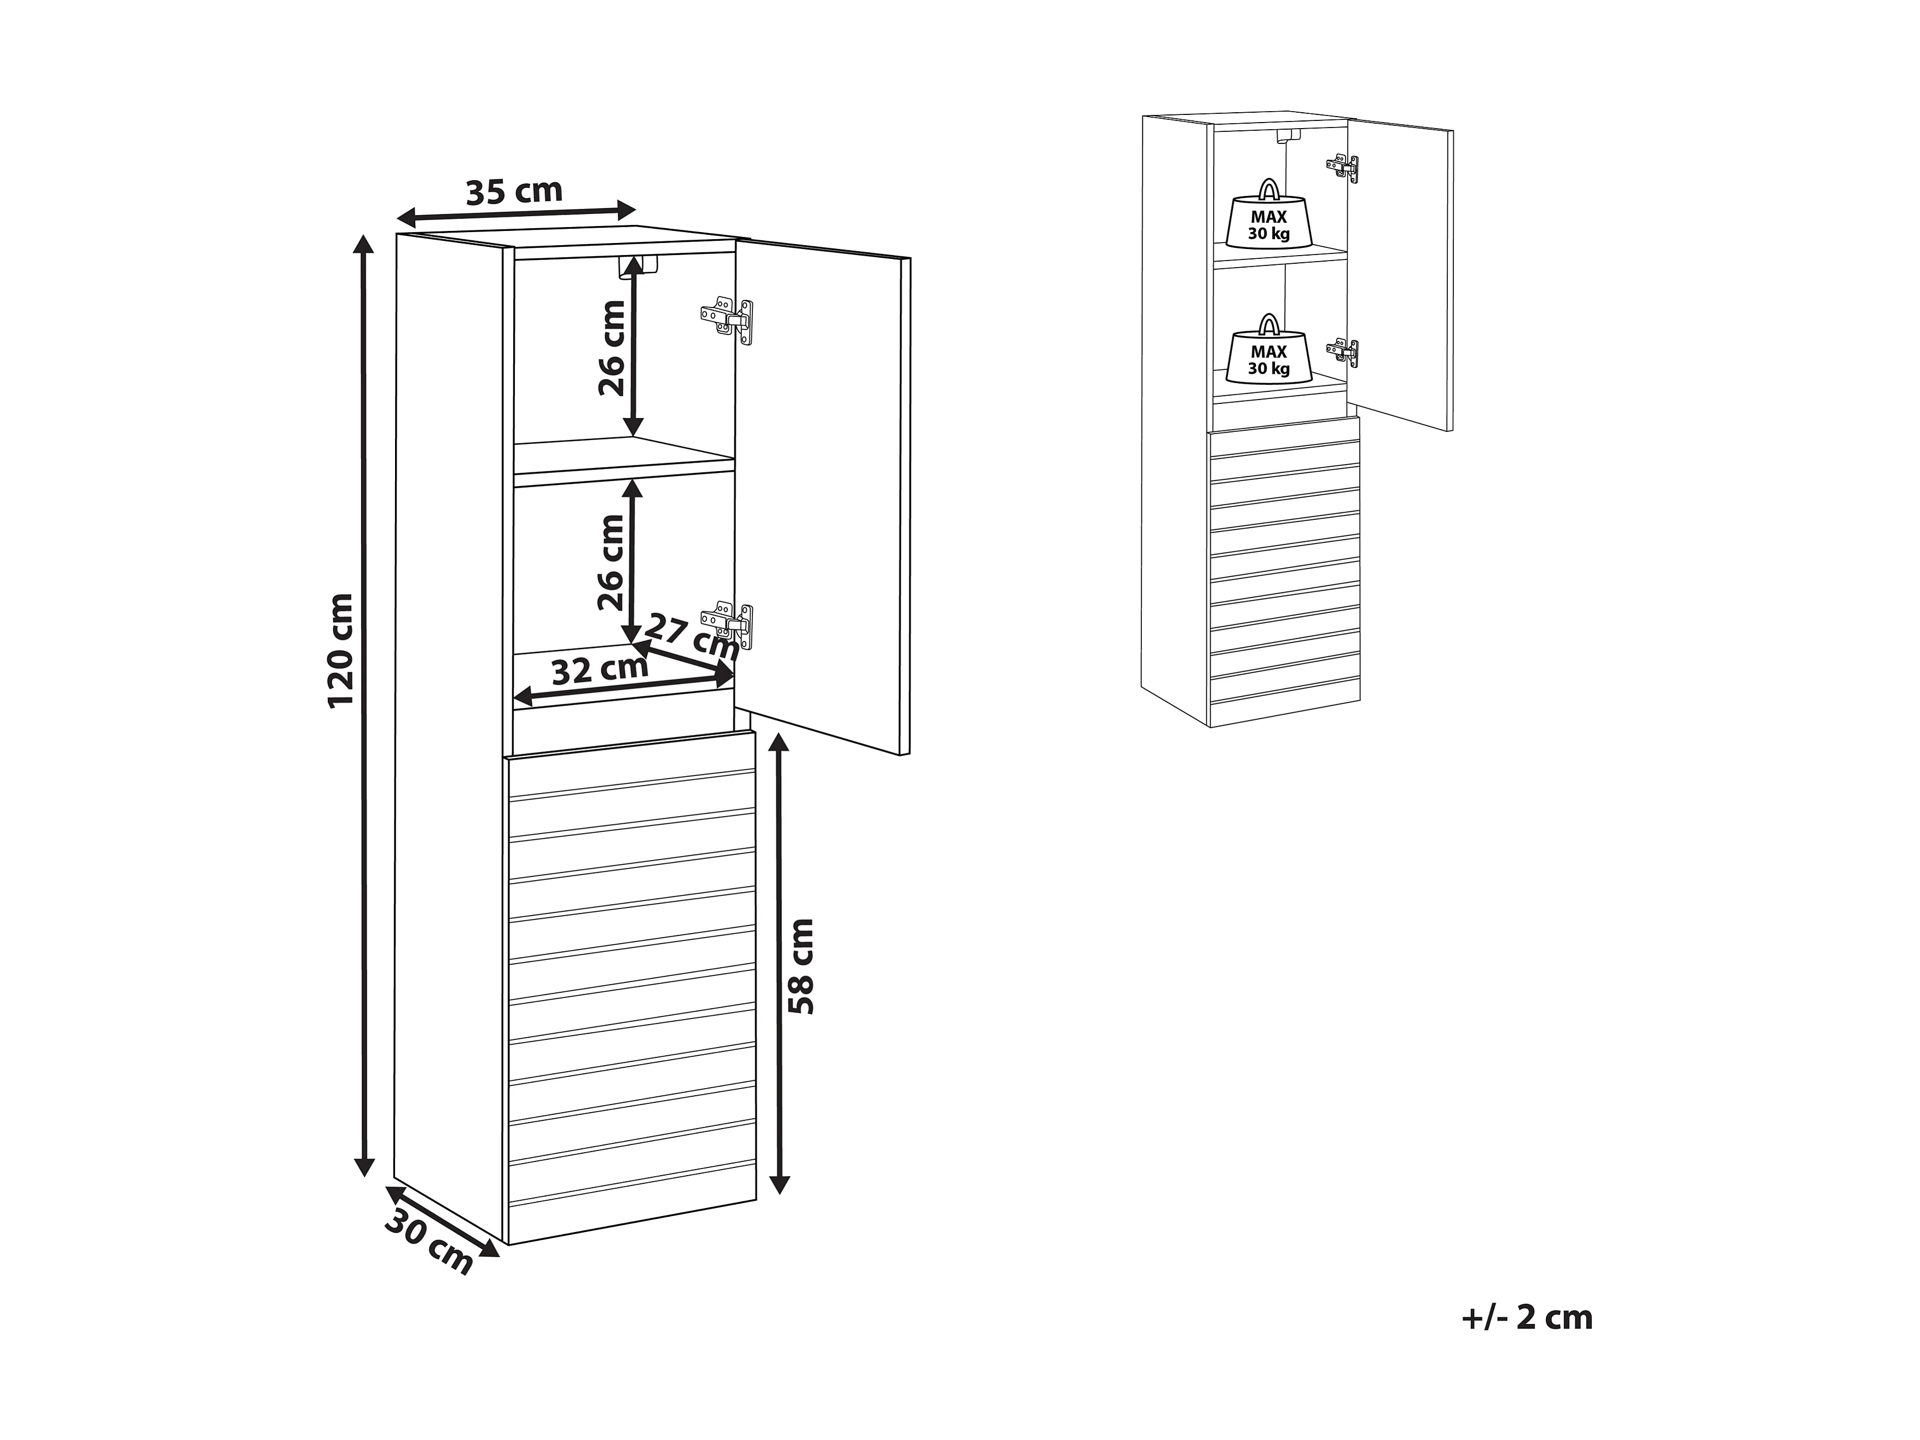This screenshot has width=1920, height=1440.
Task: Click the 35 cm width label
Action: pos(514,191)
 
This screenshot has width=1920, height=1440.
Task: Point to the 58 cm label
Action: pos(801,966)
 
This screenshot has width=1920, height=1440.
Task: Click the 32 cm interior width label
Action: pos(600,670)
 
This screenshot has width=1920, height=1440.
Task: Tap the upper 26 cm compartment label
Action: pos(612,347)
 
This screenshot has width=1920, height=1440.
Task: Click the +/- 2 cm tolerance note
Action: pos(1527,1317)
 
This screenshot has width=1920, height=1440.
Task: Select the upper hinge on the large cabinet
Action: pos(727,320)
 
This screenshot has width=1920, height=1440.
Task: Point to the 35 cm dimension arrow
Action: pos(517,213)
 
